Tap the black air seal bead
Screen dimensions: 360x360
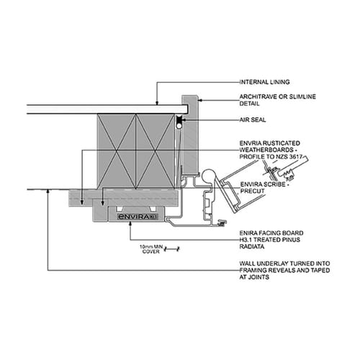pos(178,127)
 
